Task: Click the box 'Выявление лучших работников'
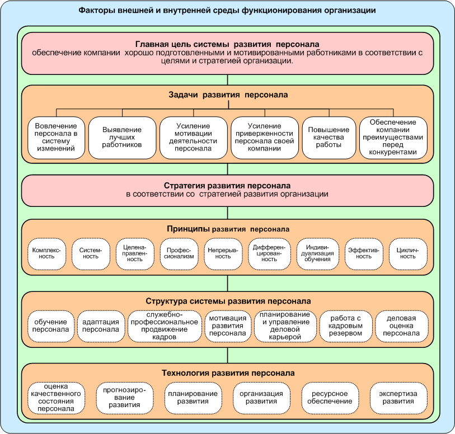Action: click(122, 138)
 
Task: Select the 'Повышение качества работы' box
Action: click(329, 138)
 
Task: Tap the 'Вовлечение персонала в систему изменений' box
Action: click(56, 138)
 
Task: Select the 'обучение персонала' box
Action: click(50, 326)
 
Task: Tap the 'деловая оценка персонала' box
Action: click(401, 326)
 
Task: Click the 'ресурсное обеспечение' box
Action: click(330, 398)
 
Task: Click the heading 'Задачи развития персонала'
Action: click(227, 95)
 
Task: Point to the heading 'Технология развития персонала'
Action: click(228, 372)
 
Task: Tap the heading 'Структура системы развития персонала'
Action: click(228, 301)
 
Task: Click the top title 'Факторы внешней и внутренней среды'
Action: click(227, 11)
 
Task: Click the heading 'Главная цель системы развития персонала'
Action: click(228, 44)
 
